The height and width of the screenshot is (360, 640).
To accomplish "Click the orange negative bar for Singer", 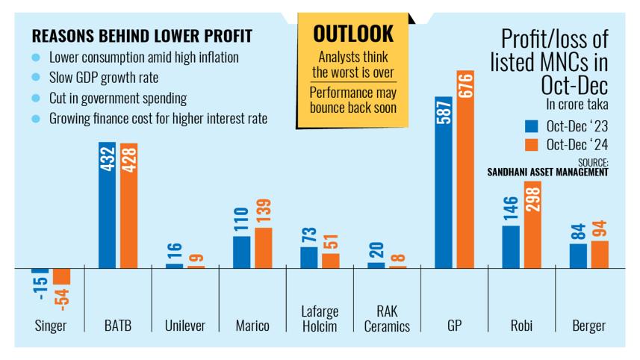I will pos(61,276).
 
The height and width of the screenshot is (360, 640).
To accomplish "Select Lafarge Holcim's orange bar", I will pos(330,261).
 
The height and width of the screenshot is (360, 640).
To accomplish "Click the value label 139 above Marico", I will pos(263,213).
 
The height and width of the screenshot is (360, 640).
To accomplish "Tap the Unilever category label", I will pos(184,326).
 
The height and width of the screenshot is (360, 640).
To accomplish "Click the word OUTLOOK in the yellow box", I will pos(354,34).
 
